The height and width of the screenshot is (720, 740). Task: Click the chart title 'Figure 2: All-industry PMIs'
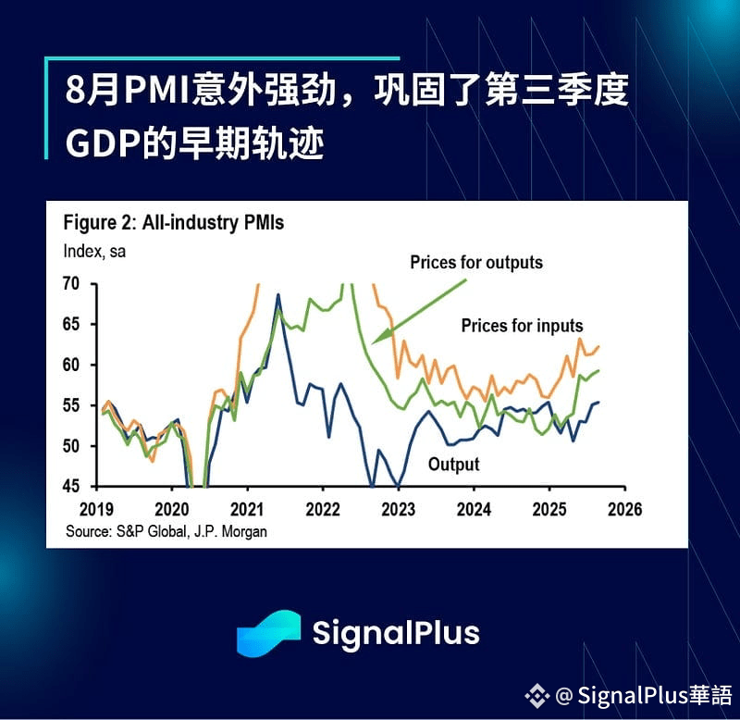click(x=174, y=222)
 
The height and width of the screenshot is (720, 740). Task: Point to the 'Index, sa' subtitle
click(x=94, y=251)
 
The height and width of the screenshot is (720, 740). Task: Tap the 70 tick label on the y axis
click(x=71, y=283)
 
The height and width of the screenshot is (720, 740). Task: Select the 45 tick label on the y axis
click(x=71, y=486)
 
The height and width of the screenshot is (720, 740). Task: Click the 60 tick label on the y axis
click(x=71, y=365)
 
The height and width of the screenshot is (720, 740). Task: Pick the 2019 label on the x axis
click(x=97, y=509)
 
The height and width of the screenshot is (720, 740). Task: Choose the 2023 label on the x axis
click(x=399, y=509)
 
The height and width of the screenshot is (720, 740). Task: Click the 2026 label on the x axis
click(x=625, y=509)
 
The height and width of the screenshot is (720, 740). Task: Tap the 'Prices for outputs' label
click(x=476, y=263)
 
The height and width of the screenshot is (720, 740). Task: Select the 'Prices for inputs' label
click(x=522, y=326)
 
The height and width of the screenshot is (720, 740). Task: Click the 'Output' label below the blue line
click(x=453, y=465)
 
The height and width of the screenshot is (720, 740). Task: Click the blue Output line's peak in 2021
click(x=278, y=294)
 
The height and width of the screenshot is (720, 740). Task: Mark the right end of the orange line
click(x=598, y=347)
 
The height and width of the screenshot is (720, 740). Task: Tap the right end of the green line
click(x=598, y=370)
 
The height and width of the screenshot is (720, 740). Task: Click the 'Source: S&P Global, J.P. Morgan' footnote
click(x=166, y=531)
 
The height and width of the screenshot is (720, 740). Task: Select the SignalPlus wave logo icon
click(x=268, y=633)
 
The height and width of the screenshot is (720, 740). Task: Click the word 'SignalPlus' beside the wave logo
click(x=396, y=633)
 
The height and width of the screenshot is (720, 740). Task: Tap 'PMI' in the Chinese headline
click(x=156, y=90)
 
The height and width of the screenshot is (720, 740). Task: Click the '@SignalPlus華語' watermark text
click(x=644, y=695)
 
